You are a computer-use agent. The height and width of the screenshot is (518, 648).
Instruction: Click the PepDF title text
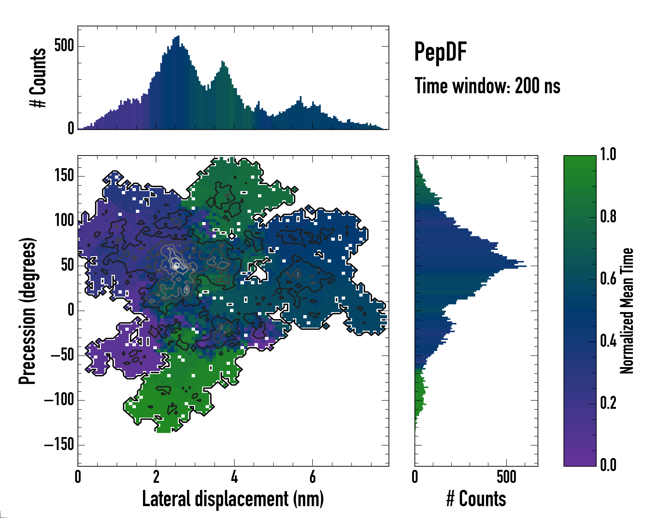pos(440,52)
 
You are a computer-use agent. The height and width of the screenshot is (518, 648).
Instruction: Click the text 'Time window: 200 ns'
pos(487,86)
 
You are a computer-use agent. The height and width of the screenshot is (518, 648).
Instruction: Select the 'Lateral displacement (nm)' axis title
pos(233,499)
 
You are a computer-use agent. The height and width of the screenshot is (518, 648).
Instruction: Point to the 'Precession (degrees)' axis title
pos(28,311)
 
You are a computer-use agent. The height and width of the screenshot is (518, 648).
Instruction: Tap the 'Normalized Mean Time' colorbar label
pos(626,311)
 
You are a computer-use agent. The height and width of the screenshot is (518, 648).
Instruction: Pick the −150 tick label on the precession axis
pos(59,445)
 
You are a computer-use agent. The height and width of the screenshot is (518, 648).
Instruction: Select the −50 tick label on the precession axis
pos(62,355)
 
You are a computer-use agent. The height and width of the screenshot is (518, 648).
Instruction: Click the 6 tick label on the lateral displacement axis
pos(313,477)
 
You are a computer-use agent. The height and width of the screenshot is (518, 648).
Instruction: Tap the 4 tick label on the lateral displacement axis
pos(234,477)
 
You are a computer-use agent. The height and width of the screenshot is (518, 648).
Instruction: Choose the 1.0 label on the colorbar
pos(608,155)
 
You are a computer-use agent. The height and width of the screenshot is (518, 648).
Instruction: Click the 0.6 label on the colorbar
pos(608,279)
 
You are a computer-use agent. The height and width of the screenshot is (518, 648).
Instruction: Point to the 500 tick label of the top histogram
pos(64,46)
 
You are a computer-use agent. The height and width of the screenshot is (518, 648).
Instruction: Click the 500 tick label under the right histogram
pos(507,477)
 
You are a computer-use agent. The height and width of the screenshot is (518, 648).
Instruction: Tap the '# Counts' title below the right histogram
pos(476,499)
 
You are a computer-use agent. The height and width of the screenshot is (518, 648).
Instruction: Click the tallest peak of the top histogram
pos(179,36)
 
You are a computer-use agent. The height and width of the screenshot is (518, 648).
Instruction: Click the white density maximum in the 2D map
pos(176,266)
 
